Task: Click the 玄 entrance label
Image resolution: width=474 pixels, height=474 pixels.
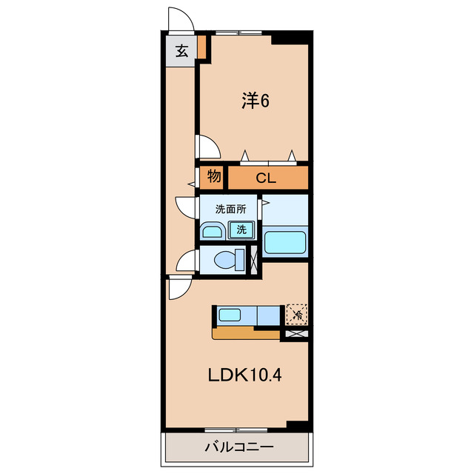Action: pos(181,52)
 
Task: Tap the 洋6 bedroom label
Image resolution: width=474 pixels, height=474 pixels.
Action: pos(254,101)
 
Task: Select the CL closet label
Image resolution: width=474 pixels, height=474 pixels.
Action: pos(267,178)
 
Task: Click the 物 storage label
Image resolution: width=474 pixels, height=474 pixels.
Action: pos(213,177)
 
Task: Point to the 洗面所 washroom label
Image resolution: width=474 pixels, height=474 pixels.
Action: pos(230,208)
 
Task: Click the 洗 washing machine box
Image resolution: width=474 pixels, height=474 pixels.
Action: pos(241,230)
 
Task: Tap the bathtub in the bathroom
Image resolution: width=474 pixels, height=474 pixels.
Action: pos(286,242)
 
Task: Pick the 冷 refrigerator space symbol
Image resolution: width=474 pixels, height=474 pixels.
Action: pos(296,315)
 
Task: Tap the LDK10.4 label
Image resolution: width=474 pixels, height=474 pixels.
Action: pos(244,375)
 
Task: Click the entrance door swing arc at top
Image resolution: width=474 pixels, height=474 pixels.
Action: pos(179,19)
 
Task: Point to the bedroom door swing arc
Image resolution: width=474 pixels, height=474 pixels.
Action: pos(207,147)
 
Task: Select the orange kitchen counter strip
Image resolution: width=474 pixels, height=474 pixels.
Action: pos(247,333)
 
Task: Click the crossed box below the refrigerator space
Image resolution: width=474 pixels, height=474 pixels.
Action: pos(296,334)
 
